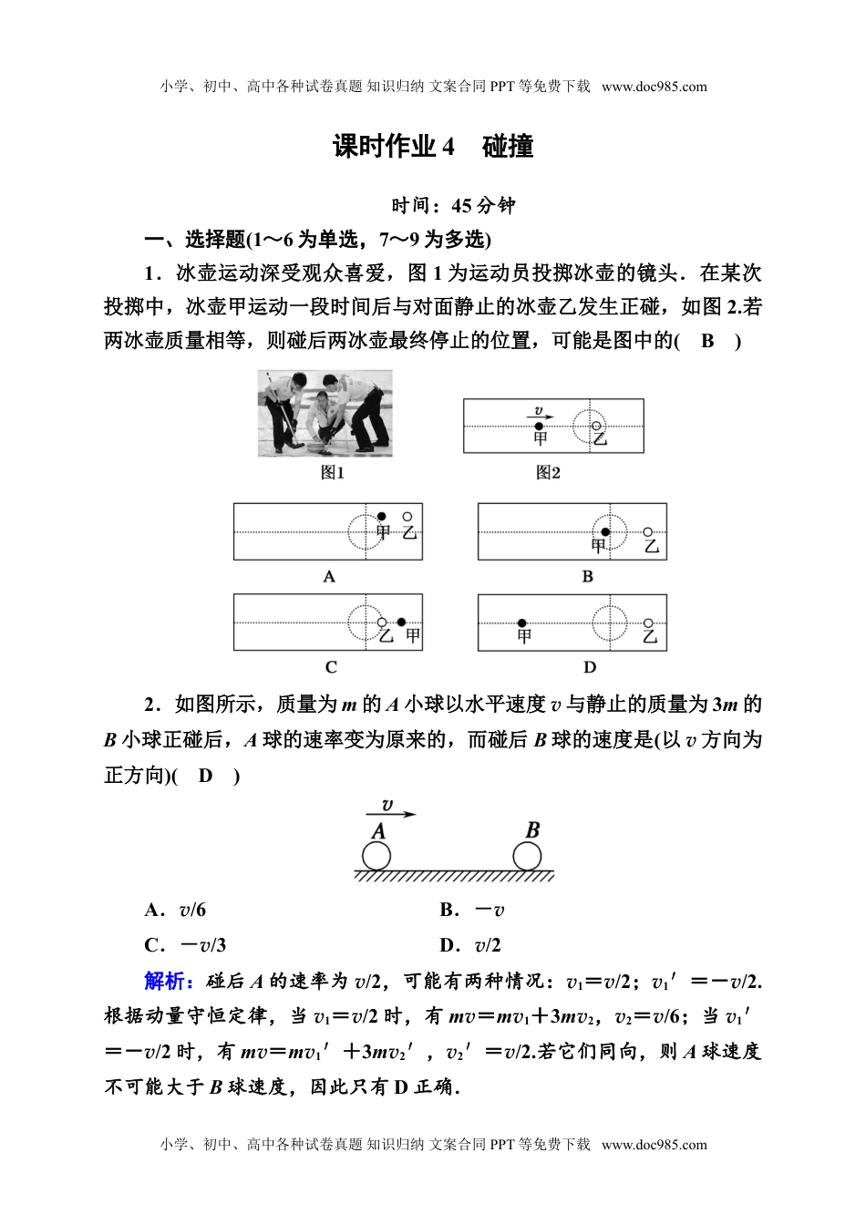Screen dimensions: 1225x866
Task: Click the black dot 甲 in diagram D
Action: [523, 623]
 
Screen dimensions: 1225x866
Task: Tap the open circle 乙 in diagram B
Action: [648, 532]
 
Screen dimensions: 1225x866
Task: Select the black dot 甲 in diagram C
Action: [401, 623]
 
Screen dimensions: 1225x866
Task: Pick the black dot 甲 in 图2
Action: [539, 426]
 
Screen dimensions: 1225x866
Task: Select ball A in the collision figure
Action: [376, 857]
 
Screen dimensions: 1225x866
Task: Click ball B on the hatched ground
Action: [527, 857]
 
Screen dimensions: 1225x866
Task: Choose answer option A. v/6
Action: [175, 910]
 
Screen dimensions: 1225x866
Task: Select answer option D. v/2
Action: [470, 945]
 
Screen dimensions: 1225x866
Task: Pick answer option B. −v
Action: [472, 910]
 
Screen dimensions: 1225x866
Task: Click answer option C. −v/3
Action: [185, 945]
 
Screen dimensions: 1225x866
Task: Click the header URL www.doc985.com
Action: [655, 87]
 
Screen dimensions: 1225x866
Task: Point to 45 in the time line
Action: [463, 205]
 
